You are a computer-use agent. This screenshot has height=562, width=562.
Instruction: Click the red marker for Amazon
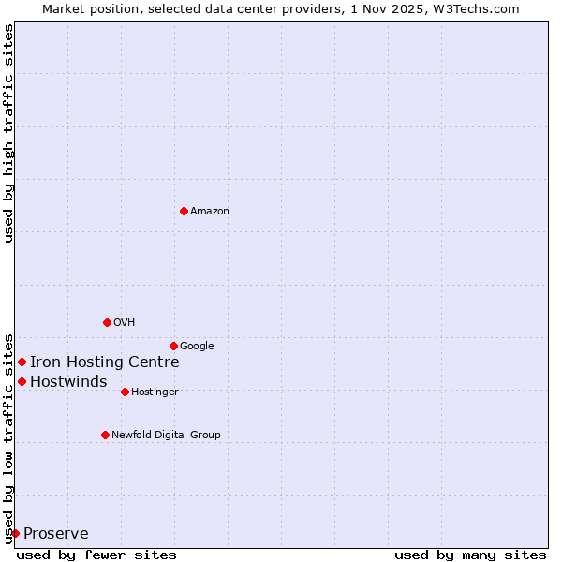click(184, 211)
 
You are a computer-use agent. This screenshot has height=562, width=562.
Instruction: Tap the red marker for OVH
click(107, 322)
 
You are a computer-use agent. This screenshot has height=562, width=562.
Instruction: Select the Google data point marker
click(173, 346)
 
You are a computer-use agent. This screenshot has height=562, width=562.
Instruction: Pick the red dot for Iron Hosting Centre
click(22, 362)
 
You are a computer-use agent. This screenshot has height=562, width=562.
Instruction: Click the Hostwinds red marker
click(22, 381)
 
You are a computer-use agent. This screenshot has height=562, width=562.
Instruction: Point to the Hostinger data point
click(125, 392)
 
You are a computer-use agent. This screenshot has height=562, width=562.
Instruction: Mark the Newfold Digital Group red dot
click(105, 435)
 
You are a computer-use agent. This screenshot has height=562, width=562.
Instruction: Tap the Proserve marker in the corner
click(15, 533)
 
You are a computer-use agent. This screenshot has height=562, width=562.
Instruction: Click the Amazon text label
click(209, 212)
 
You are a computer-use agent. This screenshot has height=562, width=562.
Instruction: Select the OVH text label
click(125, 323)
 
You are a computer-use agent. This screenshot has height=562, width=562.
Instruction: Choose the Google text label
click(197, 347)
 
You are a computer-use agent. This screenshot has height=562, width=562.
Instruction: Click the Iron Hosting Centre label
click(104, 362)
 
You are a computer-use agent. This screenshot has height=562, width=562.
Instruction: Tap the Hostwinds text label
click(68, 382)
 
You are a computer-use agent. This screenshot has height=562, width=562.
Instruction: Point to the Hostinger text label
click(155, 392)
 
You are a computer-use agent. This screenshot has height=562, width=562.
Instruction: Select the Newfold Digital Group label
click(166, 436)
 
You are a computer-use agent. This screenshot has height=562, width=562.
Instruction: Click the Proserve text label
click(56, 534)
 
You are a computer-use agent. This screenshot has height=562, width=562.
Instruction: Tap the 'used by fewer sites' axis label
click(96, 555)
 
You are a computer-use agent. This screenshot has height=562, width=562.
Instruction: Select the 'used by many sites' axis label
click(470, 555)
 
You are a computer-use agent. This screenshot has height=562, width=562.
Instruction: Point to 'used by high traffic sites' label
click(8, 133)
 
